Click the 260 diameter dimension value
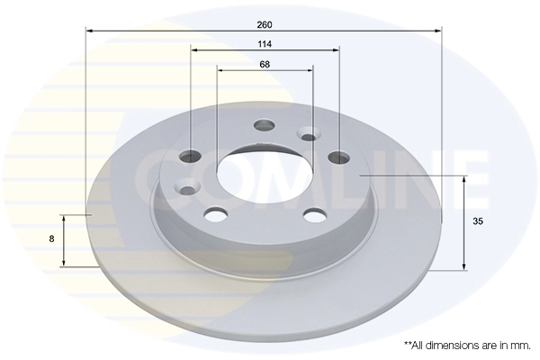pos(264,23)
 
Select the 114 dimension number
pos(264,43)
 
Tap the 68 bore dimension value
pos(264,64)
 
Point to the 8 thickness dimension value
pos(52,238)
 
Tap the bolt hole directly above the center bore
pos(264,125)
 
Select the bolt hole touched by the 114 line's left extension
pos(191,156)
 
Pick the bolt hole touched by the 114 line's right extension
pos(338,157)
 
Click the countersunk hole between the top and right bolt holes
pos(309,137)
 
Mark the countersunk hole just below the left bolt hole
pos(188,187)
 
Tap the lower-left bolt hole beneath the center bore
pos(216,213)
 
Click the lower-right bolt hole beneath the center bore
pos(313,214)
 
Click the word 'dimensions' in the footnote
pos(459,345)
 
